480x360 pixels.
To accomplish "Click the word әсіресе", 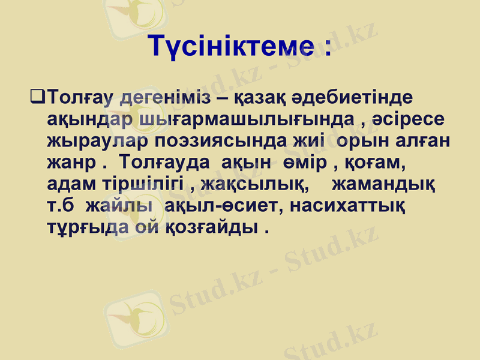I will [x=411, y=119].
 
